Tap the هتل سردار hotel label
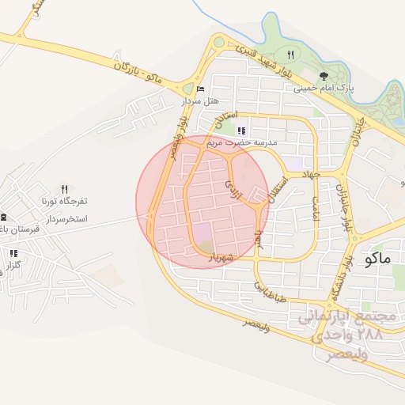(199, 100)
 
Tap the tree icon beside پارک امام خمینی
(346, 88)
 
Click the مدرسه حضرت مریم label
(241, 143)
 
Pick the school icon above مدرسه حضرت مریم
(241, 131)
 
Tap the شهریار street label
(219, 257)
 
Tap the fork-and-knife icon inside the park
(290, 55)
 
